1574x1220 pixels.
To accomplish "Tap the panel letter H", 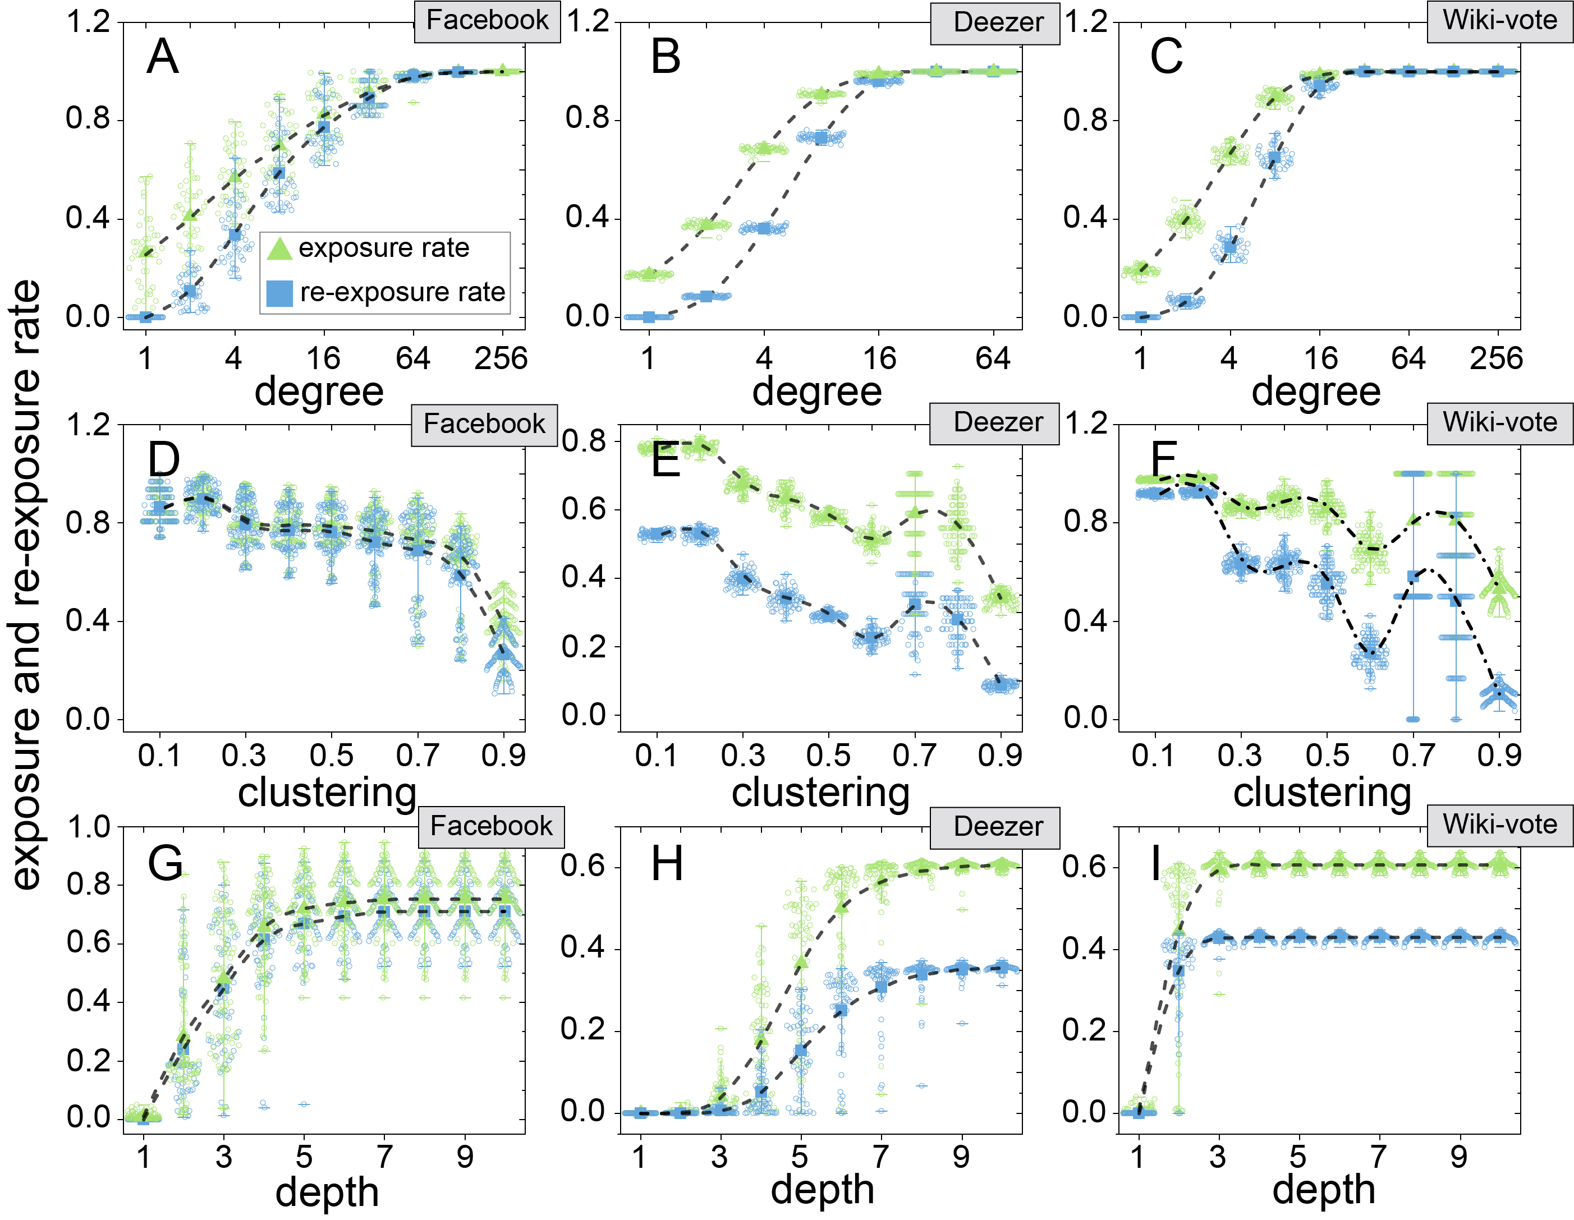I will click(x=666, y=863).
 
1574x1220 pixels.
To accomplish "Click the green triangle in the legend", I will click(x=279, y=248).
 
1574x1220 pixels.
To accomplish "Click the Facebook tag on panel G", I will click(x=491, y=826).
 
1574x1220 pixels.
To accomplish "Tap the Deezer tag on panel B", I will click(x=998, y=22).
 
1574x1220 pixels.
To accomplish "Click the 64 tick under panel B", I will click(x=993, y=358).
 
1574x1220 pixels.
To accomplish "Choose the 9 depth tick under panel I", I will click(x=1459, y=1157).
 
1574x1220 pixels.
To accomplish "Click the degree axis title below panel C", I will click(x=1316, y=392).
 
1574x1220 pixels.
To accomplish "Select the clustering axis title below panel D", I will click(x=327, y=793).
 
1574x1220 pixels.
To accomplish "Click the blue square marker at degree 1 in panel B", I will click(x=649, y=317).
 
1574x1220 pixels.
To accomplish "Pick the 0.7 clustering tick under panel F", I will click(x=1414, y=755).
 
